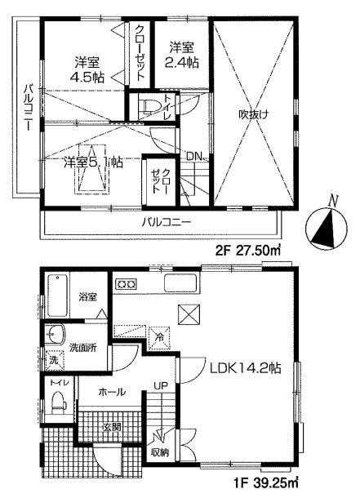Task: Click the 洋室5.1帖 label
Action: tap(93, 162)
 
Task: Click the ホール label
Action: tap(112, 392)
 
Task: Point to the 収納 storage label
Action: tap(160, 451)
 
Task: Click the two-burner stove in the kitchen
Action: tap(127, 284)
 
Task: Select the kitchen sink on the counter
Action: tap(178, 283)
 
